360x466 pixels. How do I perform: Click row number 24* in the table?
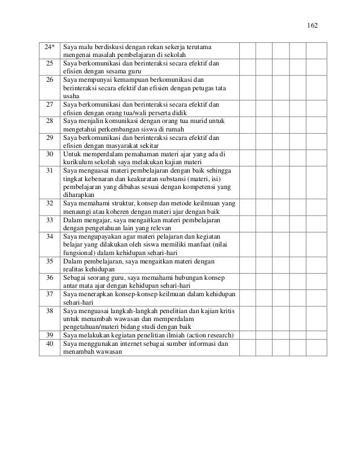(49, 45)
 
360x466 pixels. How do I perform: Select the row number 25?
(49, 63)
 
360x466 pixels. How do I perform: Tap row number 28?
(49, 121)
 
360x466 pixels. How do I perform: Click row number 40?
(49, 344)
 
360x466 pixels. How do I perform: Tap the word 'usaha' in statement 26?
(71, 96)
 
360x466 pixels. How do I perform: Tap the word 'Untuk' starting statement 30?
(72, 154)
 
